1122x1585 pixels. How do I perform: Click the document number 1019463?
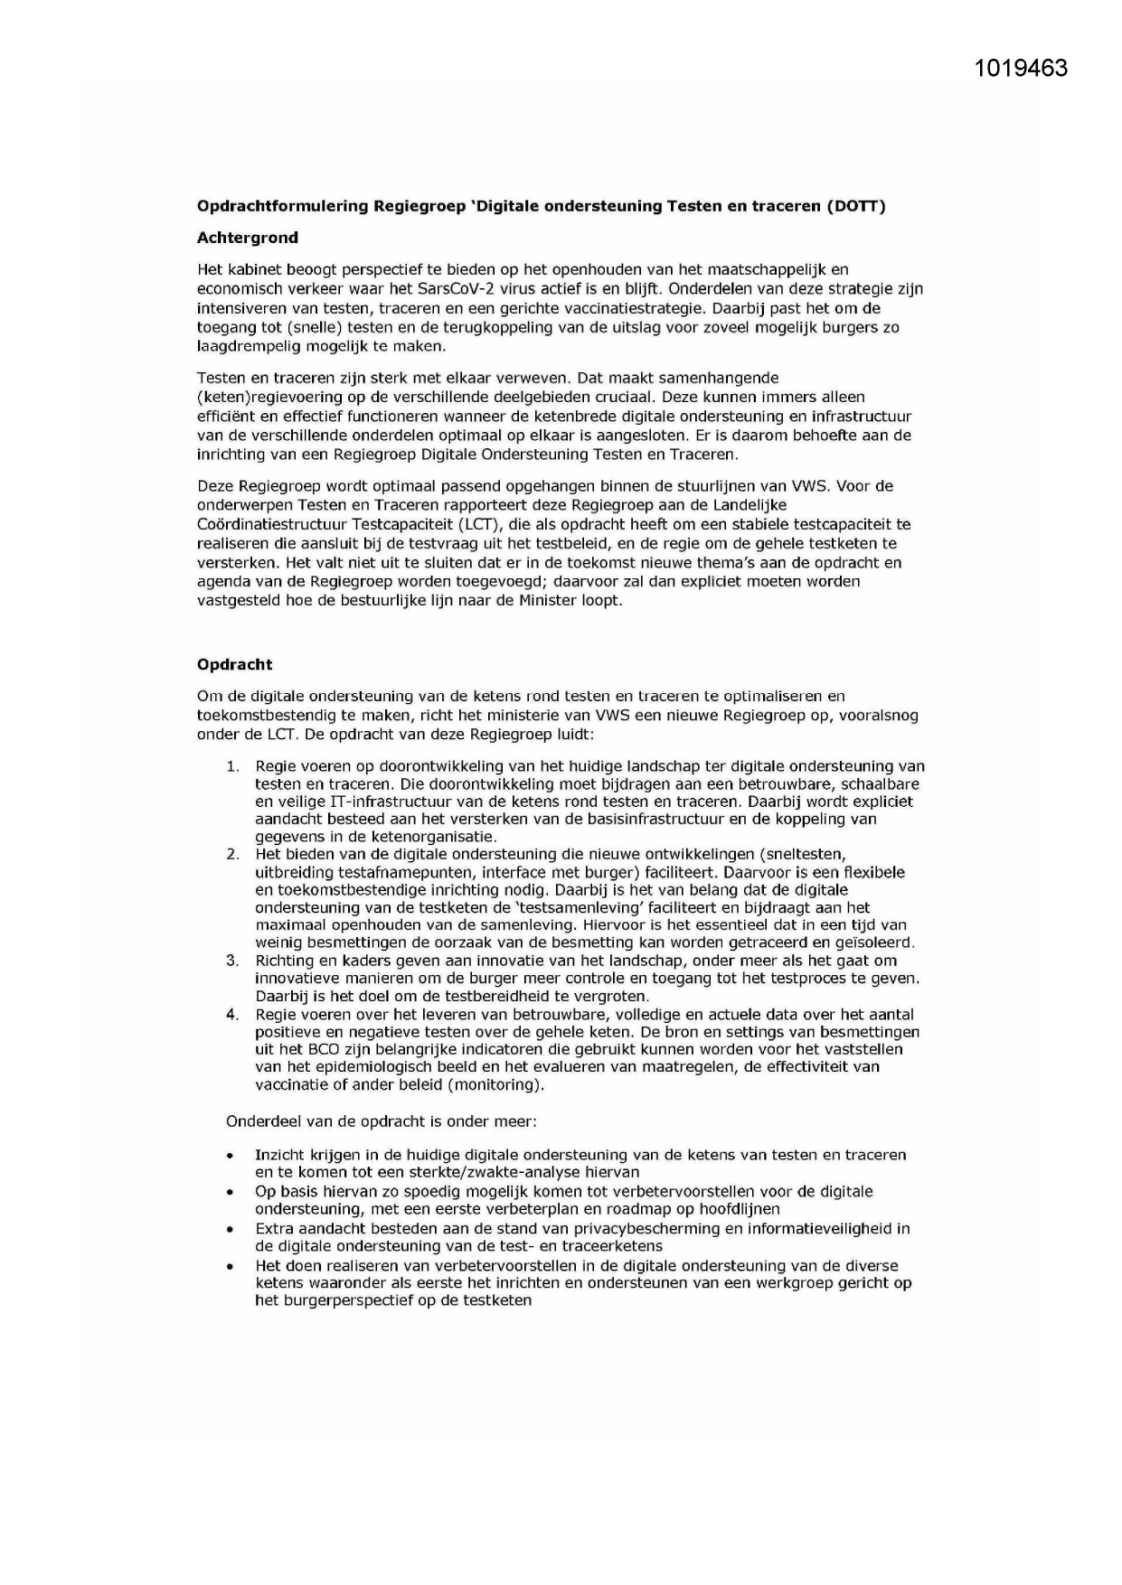[1022, 69]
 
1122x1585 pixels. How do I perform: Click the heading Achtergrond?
[247, 238]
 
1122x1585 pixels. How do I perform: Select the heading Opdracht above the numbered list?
[234, 664]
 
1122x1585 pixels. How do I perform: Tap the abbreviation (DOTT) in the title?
[854, 206]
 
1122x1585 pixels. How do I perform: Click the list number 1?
[232, 766]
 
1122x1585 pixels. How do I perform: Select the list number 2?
[232, 854]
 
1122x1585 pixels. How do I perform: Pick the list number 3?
[232, 960]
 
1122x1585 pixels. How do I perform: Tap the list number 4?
[232, 1014]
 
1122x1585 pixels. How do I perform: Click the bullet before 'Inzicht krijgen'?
[231, 1156]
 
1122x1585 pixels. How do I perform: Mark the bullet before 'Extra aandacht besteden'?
[231, 1230]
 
